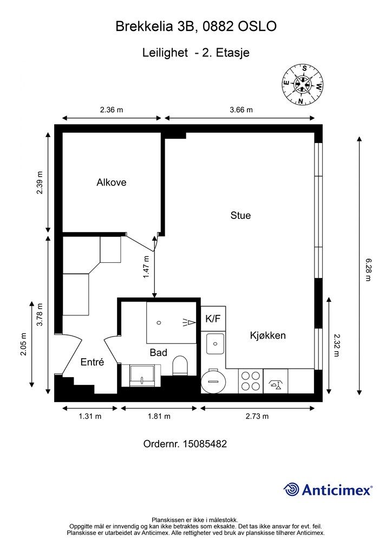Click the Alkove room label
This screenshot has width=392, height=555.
(112, 182)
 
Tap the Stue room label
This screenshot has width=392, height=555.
(240, 215)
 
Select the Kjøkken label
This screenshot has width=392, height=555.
(267, 335)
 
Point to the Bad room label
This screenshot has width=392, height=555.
(158, 352)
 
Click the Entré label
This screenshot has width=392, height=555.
(92, 362)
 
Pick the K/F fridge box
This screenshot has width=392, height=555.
(213, 319)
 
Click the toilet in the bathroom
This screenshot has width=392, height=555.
(180, 366)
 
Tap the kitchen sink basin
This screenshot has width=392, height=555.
(215, 344)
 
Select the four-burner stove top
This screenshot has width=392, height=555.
(251, 381)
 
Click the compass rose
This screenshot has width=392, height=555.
(303, 85)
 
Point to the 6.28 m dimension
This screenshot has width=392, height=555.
(368, 269)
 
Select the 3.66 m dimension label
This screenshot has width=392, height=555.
(241, 109)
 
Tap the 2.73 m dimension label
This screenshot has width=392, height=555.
(257, 416)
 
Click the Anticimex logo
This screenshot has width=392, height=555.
(328, 489)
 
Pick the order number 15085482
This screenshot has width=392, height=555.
(205, 443)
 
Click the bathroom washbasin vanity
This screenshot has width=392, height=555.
(141, 376)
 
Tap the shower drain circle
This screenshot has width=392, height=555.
(159, 322)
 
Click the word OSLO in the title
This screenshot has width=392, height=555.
(257, 26)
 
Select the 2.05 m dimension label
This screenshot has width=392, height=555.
(23, 344)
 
